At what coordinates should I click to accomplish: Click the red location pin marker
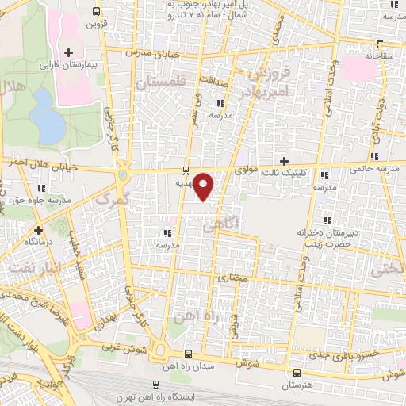coord(204,186)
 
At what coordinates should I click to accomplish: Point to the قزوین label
coord(94,25)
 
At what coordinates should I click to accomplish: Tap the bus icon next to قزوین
coord(96,12)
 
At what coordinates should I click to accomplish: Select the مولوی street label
coord(247,170)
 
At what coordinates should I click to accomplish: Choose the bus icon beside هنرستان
coord(297,372)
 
